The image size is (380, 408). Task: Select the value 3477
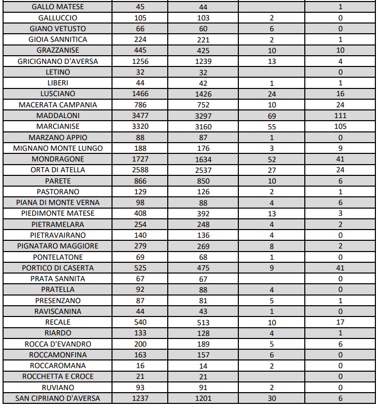click(x=140, y=116)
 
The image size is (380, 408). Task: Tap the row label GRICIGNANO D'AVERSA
click(x=58, y=61)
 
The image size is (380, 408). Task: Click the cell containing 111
click(x=341, y=116)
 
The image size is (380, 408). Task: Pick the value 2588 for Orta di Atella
click(x=140, y=170)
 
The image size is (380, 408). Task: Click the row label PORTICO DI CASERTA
click(x=58, y=268)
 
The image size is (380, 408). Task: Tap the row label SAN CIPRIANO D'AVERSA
click(x=58, y=398)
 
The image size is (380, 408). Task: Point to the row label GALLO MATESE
click(x=58, y=7)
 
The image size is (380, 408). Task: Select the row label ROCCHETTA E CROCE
click(x=58, y=376)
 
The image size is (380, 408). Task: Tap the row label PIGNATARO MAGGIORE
click(x=58, y=246)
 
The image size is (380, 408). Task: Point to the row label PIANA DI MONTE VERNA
click(x=58, y=202)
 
